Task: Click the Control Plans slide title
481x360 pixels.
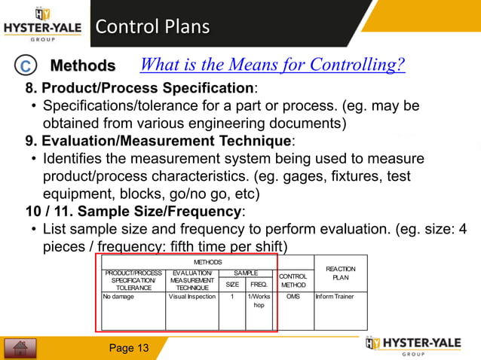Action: (x=152, y=29)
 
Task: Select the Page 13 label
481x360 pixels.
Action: (x=129, y=348)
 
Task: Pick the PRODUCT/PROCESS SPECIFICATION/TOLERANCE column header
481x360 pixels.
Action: (x=133, y=279)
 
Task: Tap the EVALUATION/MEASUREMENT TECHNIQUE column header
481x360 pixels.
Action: (x=191, y=279)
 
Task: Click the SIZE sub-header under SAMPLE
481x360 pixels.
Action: (x=232, y=285)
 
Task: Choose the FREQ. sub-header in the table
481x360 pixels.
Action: (x=258, y=285)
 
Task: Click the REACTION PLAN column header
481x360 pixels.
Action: (x=340, y=273)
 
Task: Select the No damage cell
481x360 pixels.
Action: (x=119, y=297)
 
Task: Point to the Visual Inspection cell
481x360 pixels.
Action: (x=191, y=297)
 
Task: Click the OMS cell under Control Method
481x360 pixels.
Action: (x=293, y=297)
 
